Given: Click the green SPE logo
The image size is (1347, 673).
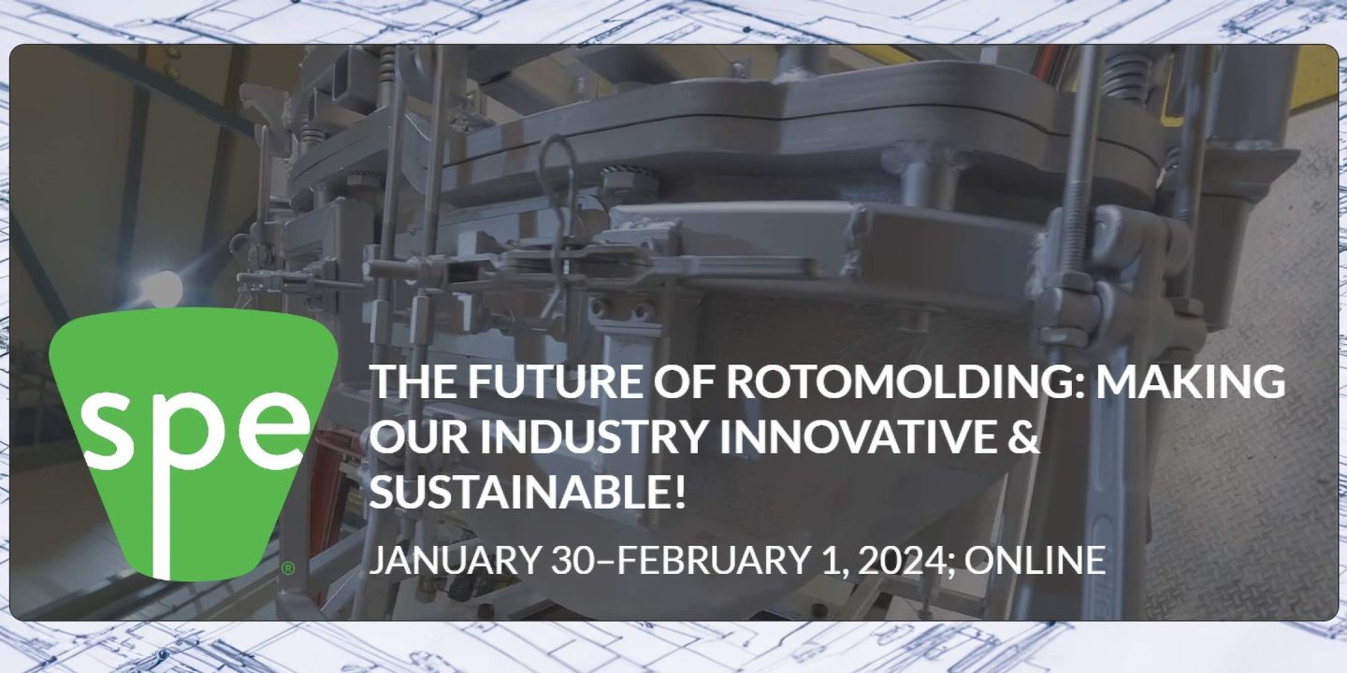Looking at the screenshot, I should coord(192,439).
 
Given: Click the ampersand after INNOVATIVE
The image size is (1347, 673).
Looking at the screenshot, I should coord(1026,437).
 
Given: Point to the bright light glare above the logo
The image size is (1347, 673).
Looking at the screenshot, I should coord(165,286).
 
